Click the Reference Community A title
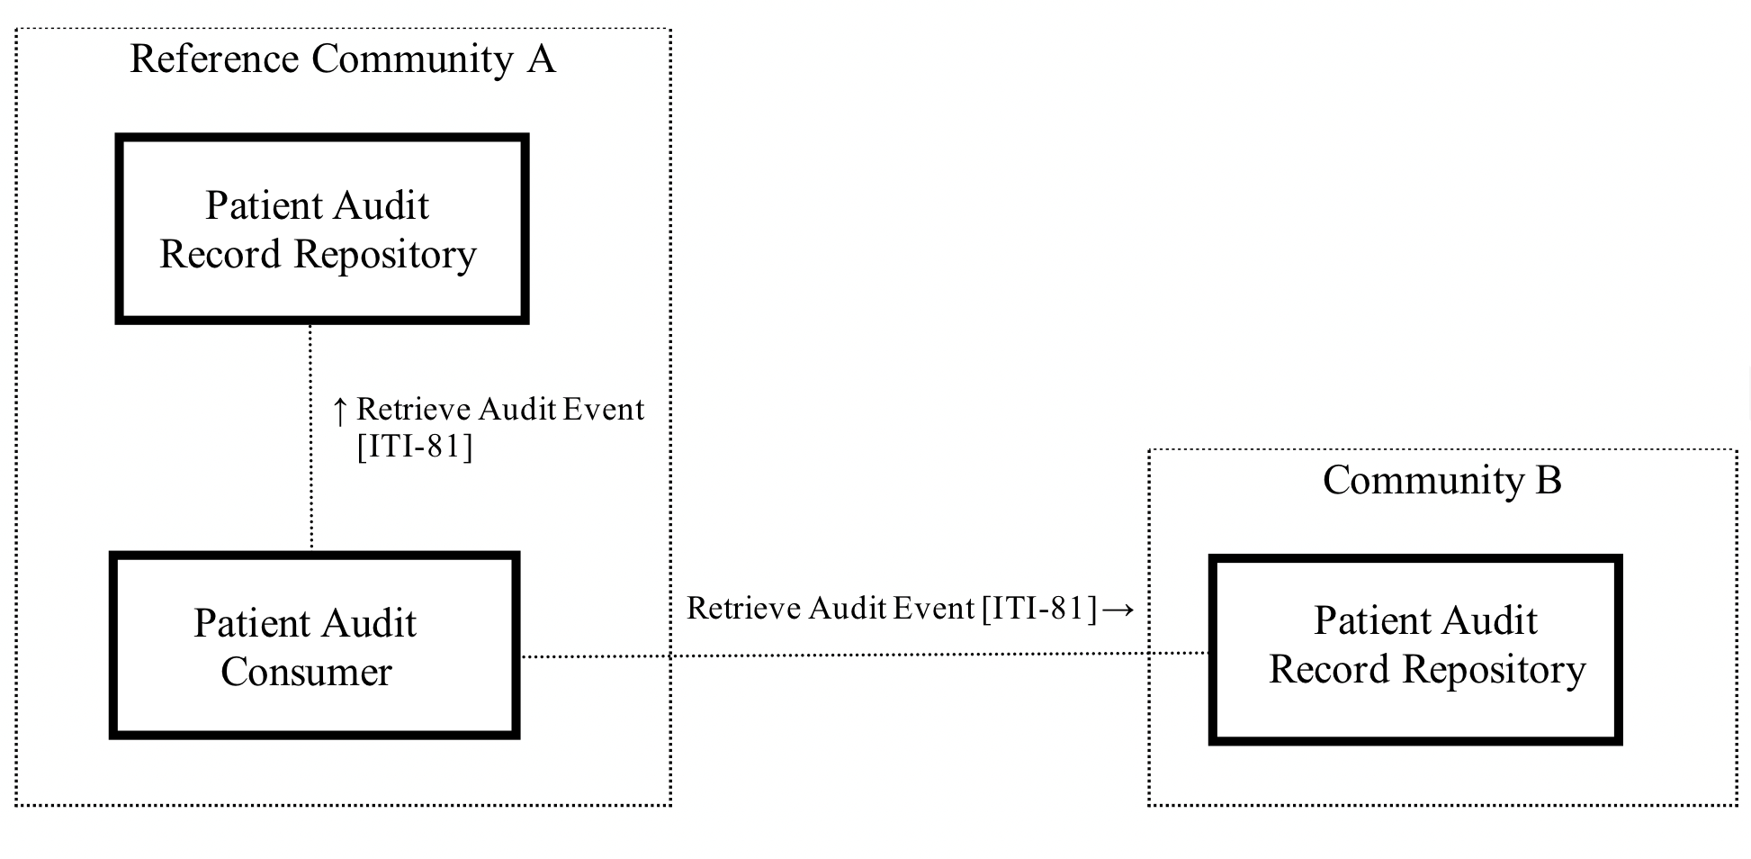pyautogui.click(x=342, y=59)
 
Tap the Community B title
pyautogui.click(x=1441, y=480)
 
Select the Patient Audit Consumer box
pyautogui.click(x=314, y=646)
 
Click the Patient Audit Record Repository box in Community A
pyautogui.click(x=321, y=229)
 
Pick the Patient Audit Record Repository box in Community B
pyautogui.click(x=1414, y=649)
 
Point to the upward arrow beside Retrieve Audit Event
pyautogui.click(x=339, y=411)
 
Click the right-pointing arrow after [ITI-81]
pyautogui.click(x=1118, y=610)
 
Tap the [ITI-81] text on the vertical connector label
pyautogui.click(x=414, y=447)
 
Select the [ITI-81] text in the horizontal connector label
pyautogui.click(x=1039, y=610)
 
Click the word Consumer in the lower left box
pyautogui.click(x=306, y=673)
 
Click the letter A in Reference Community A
pyautogui.click(x=541, y=59)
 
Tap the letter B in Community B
pyautogui.click(x=1548, y=480)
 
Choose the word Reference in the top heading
pyautogui.click(x=214, y=59)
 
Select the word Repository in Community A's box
pyautogui.click(x=384, y=256)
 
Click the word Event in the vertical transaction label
pyautogui.click(x=604, y=410)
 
